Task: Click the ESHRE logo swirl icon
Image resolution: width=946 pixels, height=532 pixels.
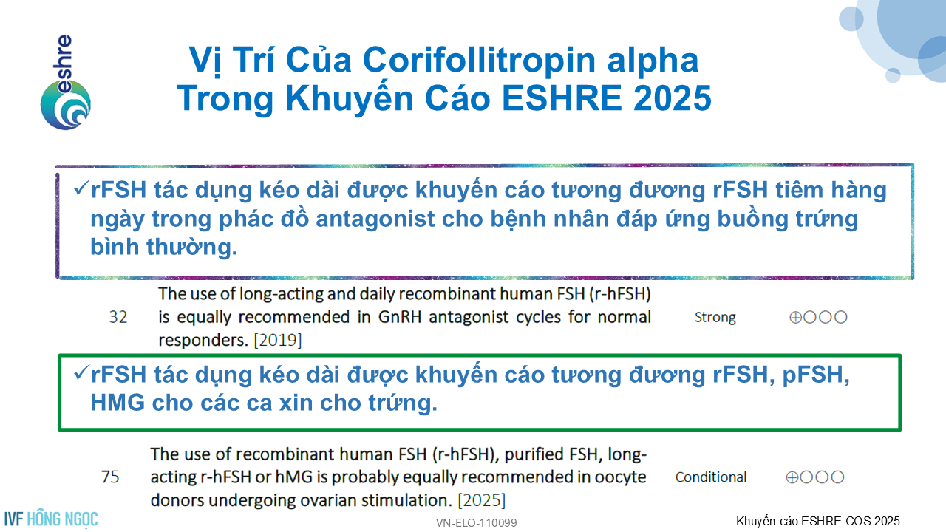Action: [x=66, y=105]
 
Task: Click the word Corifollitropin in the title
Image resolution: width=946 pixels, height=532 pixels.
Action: [x=480, y=60]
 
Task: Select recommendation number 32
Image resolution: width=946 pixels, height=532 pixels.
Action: [x=118, y=317]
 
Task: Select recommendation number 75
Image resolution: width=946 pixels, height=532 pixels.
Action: [x=110, y=477]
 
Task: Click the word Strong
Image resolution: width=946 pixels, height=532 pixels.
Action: [x=715, y=317]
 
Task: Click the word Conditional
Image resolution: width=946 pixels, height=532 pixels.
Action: [x=711, y=477]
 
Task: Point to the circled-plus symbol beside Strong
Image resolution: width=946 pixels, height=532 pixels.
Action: [x=795, y=317]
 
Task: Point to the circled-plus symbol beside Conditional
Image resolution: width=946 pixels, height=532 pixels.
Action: [x=792, y=477]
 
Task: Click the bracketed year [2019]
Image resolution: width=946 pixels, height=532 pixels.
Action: [x=278, y=340]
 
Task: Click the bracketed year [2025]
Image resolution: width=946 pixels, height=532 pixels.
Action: [x=481, y=500]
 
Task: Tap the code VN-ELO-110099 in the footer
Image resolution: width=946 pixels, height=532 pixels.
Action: [x=477, y=523]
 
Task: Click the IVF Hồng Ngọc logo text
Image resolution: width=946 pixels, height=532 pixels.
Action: [x=51, y=519]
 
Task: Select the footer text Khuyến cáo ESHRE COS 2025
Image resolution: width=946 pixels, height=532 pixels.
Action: [x=818, y=522]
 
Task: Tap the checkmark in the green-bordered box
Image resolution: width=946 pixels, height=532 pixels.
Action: [x=81, y=373]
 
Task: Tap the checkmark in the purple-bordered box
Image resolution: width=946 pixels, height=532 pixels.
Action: [x=81, y=188]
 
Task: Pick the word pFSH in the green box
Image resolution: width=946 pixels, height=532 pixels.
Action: [x=815, y=375]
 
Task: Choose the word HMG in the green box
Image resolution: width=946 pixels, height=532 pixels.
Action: [x=118, y=403]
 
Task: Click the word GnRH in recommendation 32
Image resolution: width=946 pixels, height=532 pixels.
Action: [x=400, y=317]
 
